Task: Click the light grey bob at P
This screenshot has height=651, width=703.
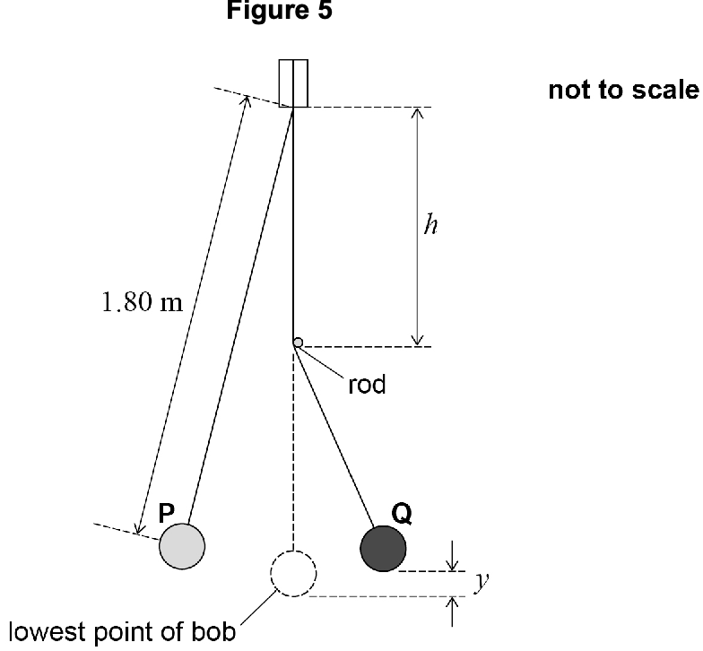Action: [182, 547]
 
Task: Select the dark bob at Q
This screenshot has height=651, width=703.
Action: [384, 549]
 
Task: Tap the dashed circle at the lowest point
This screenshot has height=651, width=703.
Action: [293, 574]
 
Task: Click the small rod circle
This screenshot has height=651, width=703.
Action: [298, 343]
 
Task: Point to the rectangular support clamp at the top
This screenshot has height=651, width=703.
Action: [293, 83]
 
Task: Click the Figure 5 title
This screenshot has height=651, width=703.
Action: [280, 10]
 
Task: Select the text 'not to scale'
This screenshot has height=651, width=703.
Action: [624, 90]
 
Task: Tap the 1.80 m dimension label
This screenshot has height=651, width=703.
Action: [143, 301]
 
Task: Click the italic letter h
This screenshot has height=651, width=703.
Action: [430, 224]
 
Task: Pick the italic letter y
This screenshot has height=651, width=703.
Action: [482, 581]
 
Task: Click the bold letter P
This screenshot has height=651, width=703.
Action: [167, 513]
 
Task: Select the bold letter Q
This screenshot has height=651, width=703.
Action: [402, 514]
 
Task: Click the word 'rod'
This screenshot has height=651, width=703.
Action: [367, 385]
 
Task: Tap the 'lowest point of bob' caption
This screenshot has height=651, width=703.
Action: [122, 632]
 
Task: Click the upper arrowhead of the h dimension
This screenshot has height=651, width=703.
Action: [418, 113]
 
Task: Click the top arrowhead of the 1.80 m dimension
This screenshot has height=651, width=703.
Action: [246, 100]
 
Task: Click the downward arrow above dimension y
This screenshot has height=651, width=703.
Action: [452, 556]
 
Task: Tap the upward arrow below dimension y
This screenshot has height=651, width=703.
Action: [452, 612]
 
